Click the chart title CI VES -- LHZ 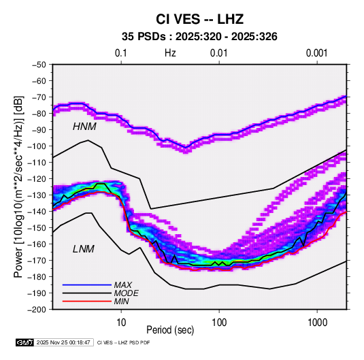199,19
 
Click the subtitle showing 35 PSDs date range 199,37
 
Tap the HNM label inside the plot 84,127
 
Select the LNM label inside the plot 84,249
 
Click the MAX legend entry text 123,285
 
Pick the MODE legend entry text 127,293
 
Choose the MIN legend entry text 122,301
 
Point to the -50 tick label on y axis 39,65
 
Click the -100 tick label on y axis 37,146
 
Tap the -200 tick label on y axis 37,310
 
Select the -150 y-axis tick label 37,228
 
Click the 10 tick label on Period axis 121,323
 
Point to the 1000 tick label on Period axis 317,323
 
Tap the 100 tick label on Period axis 219,323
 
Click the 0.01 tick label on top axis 218,53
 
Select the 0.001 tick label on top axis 317,53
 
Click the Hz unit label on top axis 170,53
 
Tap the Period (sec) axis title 170,330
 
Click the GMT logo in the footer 25,342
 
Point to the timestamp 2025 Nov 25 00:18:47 63,342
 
